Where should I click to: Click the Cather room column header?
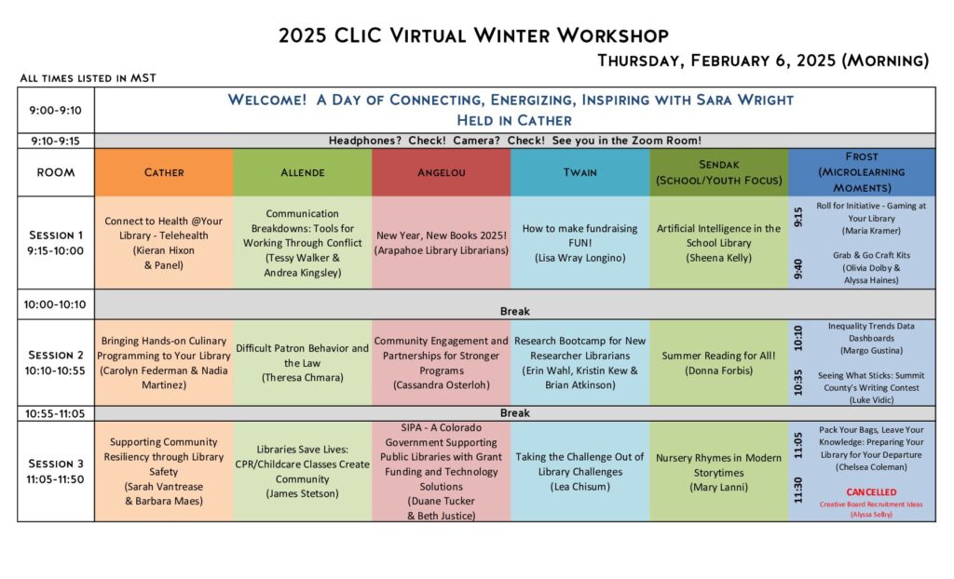pyautogui.click(x=164, y=172)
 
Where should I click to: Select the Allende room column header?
pyautogui.click(x=303, y=172)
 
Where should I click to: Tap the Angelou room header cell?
pyautogui.click(x=441, y=172)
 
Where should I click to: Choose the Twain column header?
pyautogui.click(x=579, y=172)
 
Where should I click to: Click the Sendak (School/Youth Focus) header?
pyautogui.click(x=718, y=172)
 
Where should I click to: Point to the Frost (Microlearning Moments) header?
pyautogui.click(x=862, y=172)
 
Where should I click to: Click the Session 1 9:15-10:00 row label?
pyautogui.click(x=55, y=243)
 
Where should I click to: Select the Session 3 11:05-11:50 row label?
pyautogui.click(x=55, y=471)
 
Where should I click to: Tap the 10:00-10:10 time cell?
pyautogui.click(x=55, y=304)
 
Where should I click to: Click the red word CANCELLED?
pyautogui.click(x=871, y=492)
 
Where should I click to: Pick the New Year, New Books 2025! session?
pyautogui.click(x=441, y=243)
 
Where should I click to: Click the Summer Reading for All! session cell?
pyautogui.click(x=718, y=363)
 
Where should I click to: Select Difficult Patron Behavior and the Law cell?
pyautogui.click(x=303, y=363)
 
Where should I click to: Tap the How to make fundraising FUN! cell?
pyautogui.click(x=579, y=243)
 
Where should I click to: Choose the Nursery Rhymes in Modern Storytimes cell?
pyautogui.click(x=718, y=471)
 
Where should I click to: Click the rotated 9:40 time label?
pyautogui.click(x=798, y=268)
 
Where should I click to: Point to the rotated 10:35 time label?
pyautogui.click(x=798, y=383)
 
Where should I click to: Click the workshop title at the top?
pyautogui.click(x=473, y=35)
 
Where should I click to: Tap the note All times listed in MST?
pyautogui.click(x=89, y=78)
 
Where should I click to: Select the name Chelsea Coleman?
pyautogui.click(x=871, y=467)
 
